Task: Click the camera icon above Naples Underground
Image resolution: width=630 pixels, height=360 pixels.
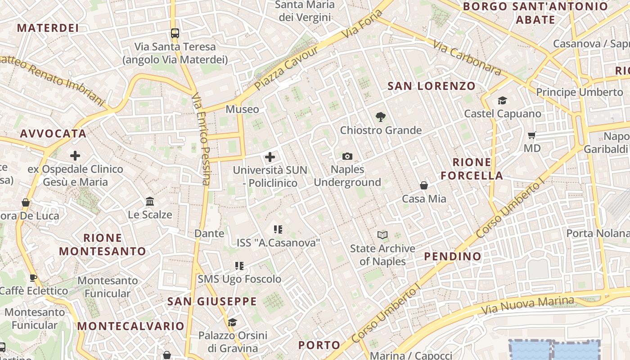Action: (x=347, y=156)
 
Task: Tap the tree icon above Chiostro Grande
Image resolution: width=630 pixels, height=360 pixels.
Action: (x=381, y=117)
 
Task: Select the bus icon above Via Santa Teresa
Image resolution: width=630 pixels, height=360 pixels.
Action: (x=175, y=33)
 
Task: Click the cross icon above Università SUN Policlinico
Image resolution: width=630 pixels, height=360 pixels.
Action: (x=270, y=157)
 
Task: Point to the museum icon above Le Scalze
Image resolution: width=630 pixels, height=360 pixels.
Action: (x=150, y=201)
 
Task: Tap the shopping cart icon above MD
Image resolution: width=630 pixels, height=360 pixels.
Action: (x=531, y=135)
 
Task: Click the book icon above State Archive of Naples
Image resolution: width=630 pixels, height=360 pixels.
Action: (x=382, y=235)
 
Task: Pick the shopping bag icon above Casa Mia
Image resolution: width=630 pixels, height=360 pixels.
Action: (x=423, y=185)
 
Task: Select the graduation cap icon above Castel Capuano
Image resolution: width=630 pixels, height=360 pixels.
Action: (x=502, y=100)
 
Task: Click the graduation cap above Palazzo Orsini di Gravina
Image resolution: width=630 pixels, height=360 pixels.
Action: (x=232, y=322)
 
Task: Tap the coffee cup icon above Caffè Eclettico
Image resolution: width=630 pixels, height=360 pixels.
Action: (x=33, y=278)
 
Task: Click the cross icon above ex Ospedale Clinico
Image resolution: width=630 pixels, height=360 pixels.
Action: (x=75, y=156)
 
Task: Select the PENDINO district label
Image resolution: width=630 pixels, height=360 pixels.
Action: (x=453, y=256)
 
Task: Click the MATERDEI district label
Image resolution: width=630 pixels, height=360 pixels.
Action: (x=48, y=28)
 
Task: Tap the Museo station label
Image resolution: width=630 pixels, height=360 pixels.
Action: (x=242, y=109)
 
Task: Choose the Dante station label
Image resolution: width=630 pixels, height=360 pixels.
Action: (x=209, y=233)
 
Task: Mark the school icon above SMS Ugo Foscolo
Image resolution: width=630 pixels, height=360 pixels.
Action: (x=239, y=266)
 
